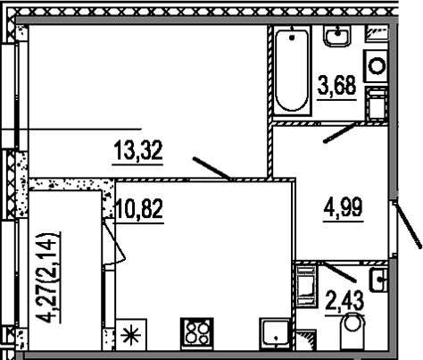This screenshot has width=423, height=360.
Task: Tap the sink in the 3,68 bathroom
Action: point(337,38)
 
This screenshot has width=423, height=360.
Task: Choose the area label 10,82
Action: point(138,211)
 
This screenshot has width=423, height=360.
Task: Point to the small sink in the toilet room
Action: point(378,279)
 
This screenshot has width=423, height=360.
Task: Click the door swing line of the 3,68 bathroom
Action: point(342,133)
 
